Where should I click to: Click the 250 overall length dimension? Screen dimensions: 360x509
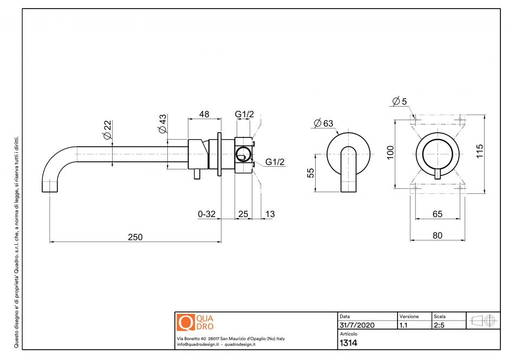tap(135, 237)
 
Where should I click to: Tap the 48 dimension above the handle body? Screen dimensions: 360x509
tap(204, 114)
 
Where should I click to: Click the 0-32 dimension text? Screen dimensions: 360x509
tap(207, 214)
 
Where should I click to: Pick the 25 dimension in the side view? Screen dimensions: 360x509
tap(243, 214)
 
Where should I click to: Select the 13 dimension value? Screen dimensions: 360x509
tap(269, 214)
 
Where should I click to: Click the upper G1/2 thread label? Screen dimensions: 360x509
tap(244, 114)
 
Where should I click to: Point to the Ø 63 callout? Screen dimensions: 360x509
tap(323, 123)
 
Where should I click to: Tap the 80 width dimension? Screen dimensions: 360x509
tap(438, 235)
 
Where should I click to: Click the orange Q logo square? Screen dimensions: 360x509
tap(186, 323)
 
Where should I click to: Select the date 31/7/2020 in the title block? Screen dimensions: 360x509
tap(357, 325)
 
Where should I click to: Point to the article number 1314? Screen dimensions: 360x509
tap(348, 343)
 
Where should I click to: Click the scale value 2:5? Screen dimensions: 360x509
tap(440, 325)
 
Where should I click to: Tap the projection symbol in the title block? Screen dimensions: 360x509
tap(483, 320)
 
